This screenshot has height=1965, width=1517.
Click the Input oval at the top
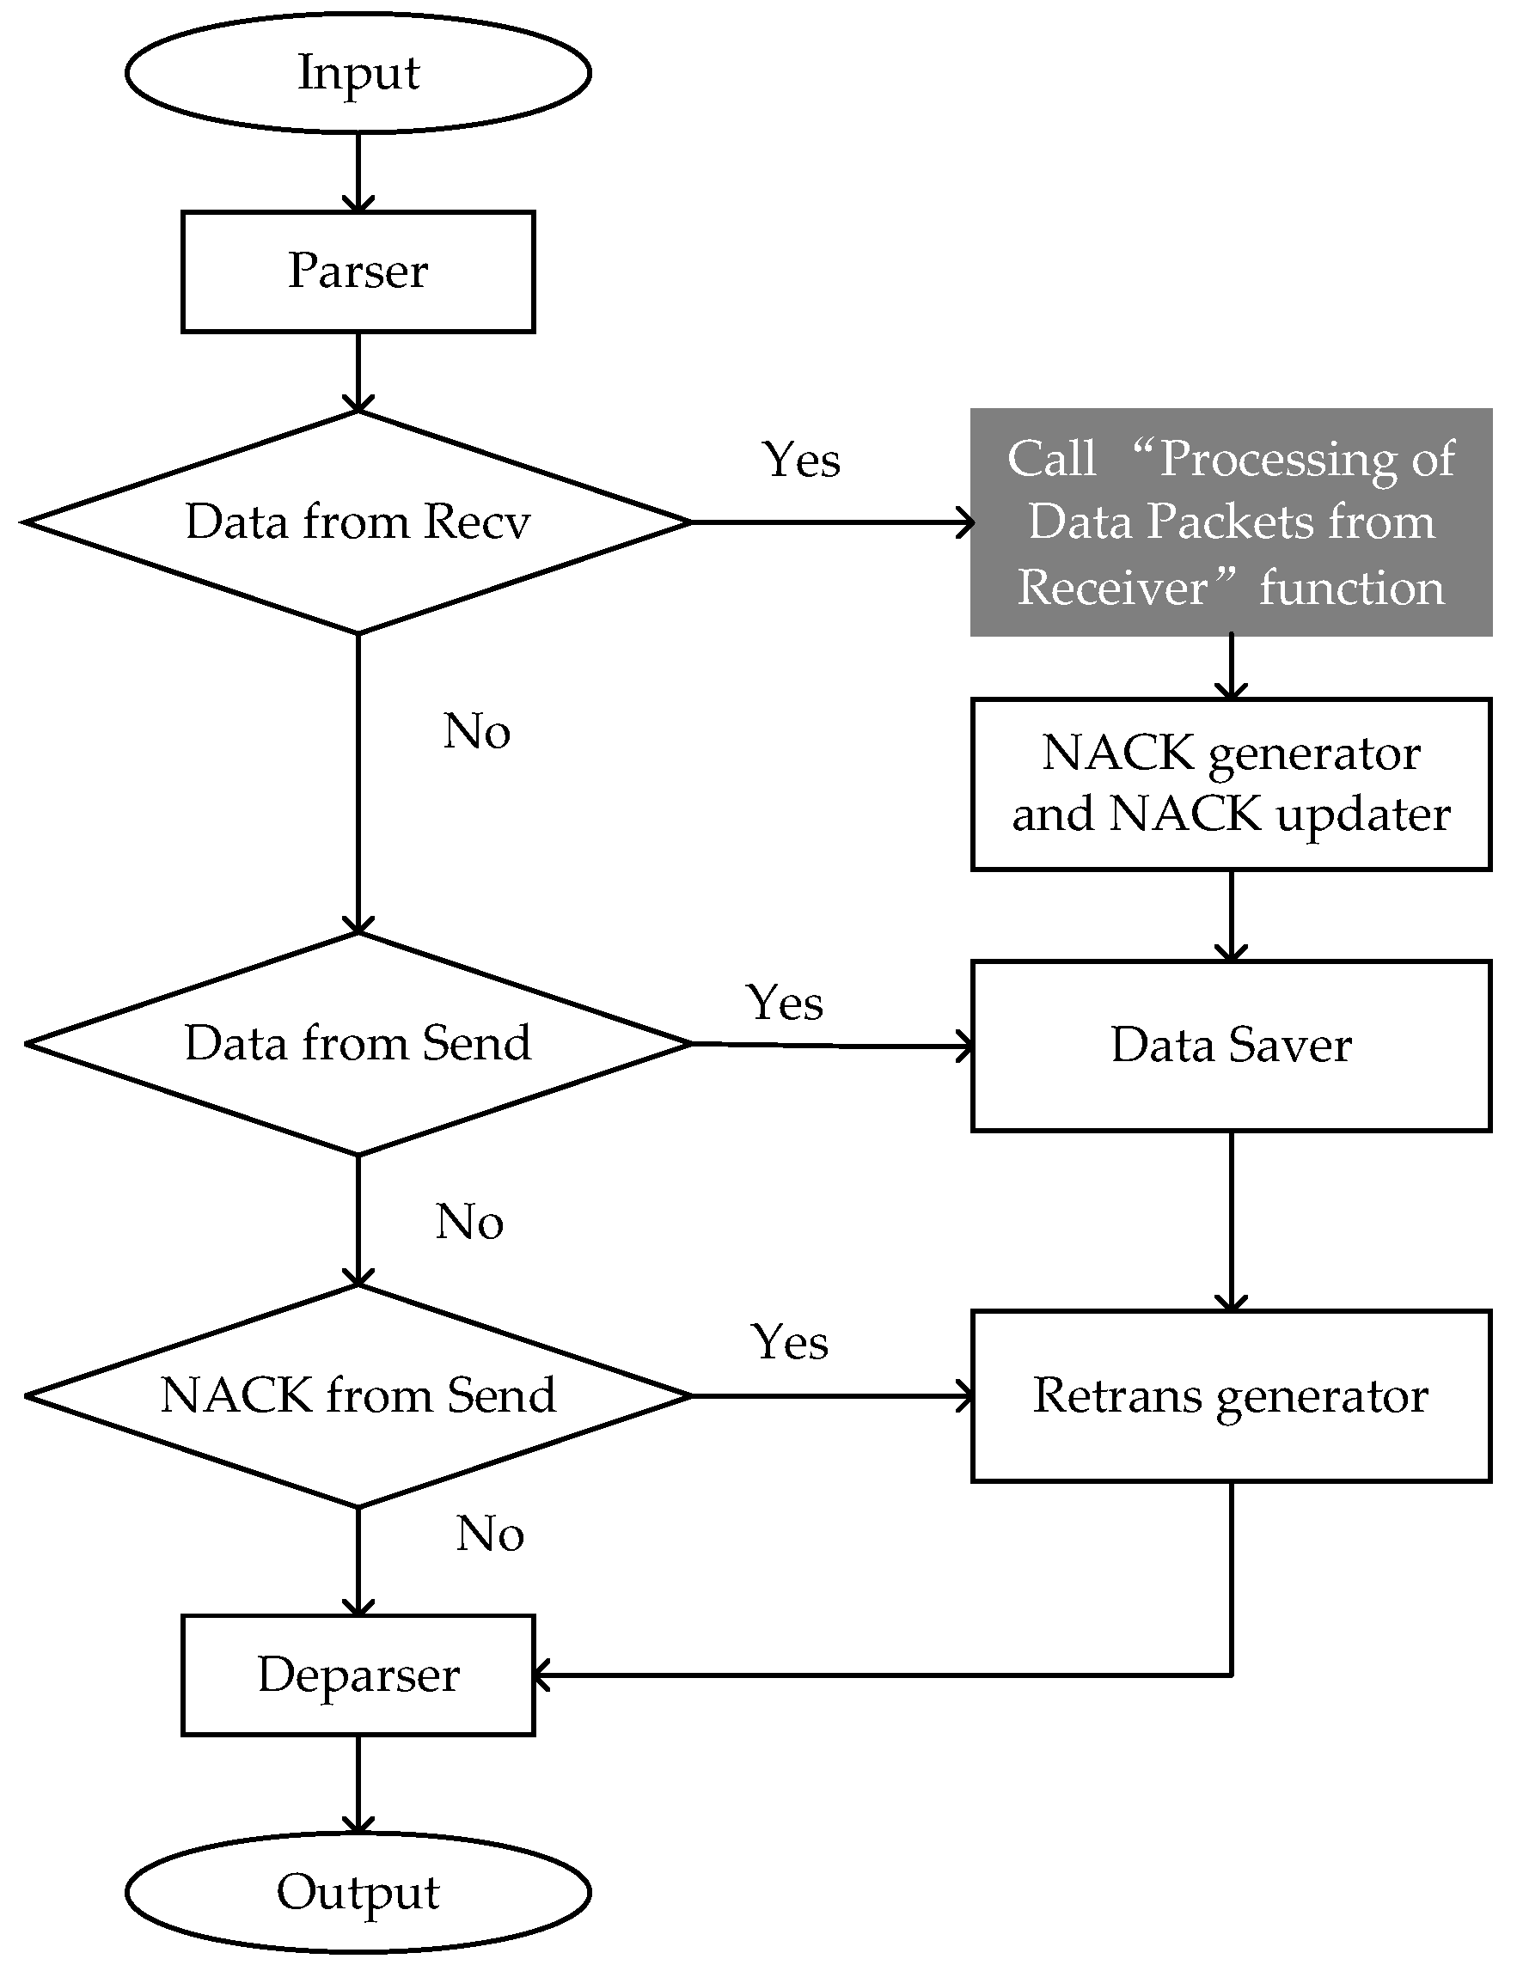(x=358, y=73)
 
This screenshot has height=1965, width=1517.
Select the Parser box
(x=358, y=271)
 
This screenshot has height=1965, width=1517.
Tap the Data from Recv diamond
(x=358, y=522)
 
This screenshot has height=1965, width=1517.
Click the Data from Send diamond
(x=358, y=1044)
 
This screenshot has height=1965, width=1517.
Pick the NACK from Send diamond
(x=358, y=1395)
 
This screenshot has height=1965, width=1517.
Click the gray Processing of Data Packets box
(x=1230, y=522)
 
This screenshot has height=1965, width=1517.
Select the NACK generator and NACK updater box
(x=1230, y=784)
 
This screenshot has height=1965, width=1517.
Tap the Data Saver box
(x=1230, y=1046)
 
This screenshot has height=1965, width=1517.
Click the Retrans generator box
(x=1230, y=1395)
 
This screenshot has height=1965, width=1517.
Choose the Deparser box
(x=358, y=1675)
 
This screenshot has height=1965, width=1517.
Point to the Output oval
(x=358, y=1892)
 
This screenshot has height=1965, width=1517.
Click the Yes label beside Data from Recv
(x=801, y=460)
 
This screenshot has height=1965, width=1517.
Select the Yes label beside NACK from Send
(x=789, y=1342)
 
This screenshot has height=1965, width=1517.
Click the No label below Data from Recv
(x=477, y=730)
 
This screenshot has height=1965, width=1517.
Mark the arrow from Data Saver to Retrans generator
(x=1231, y=1219)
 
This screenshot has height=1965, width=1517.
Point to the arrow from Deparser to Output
(x=358, y=1786)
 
